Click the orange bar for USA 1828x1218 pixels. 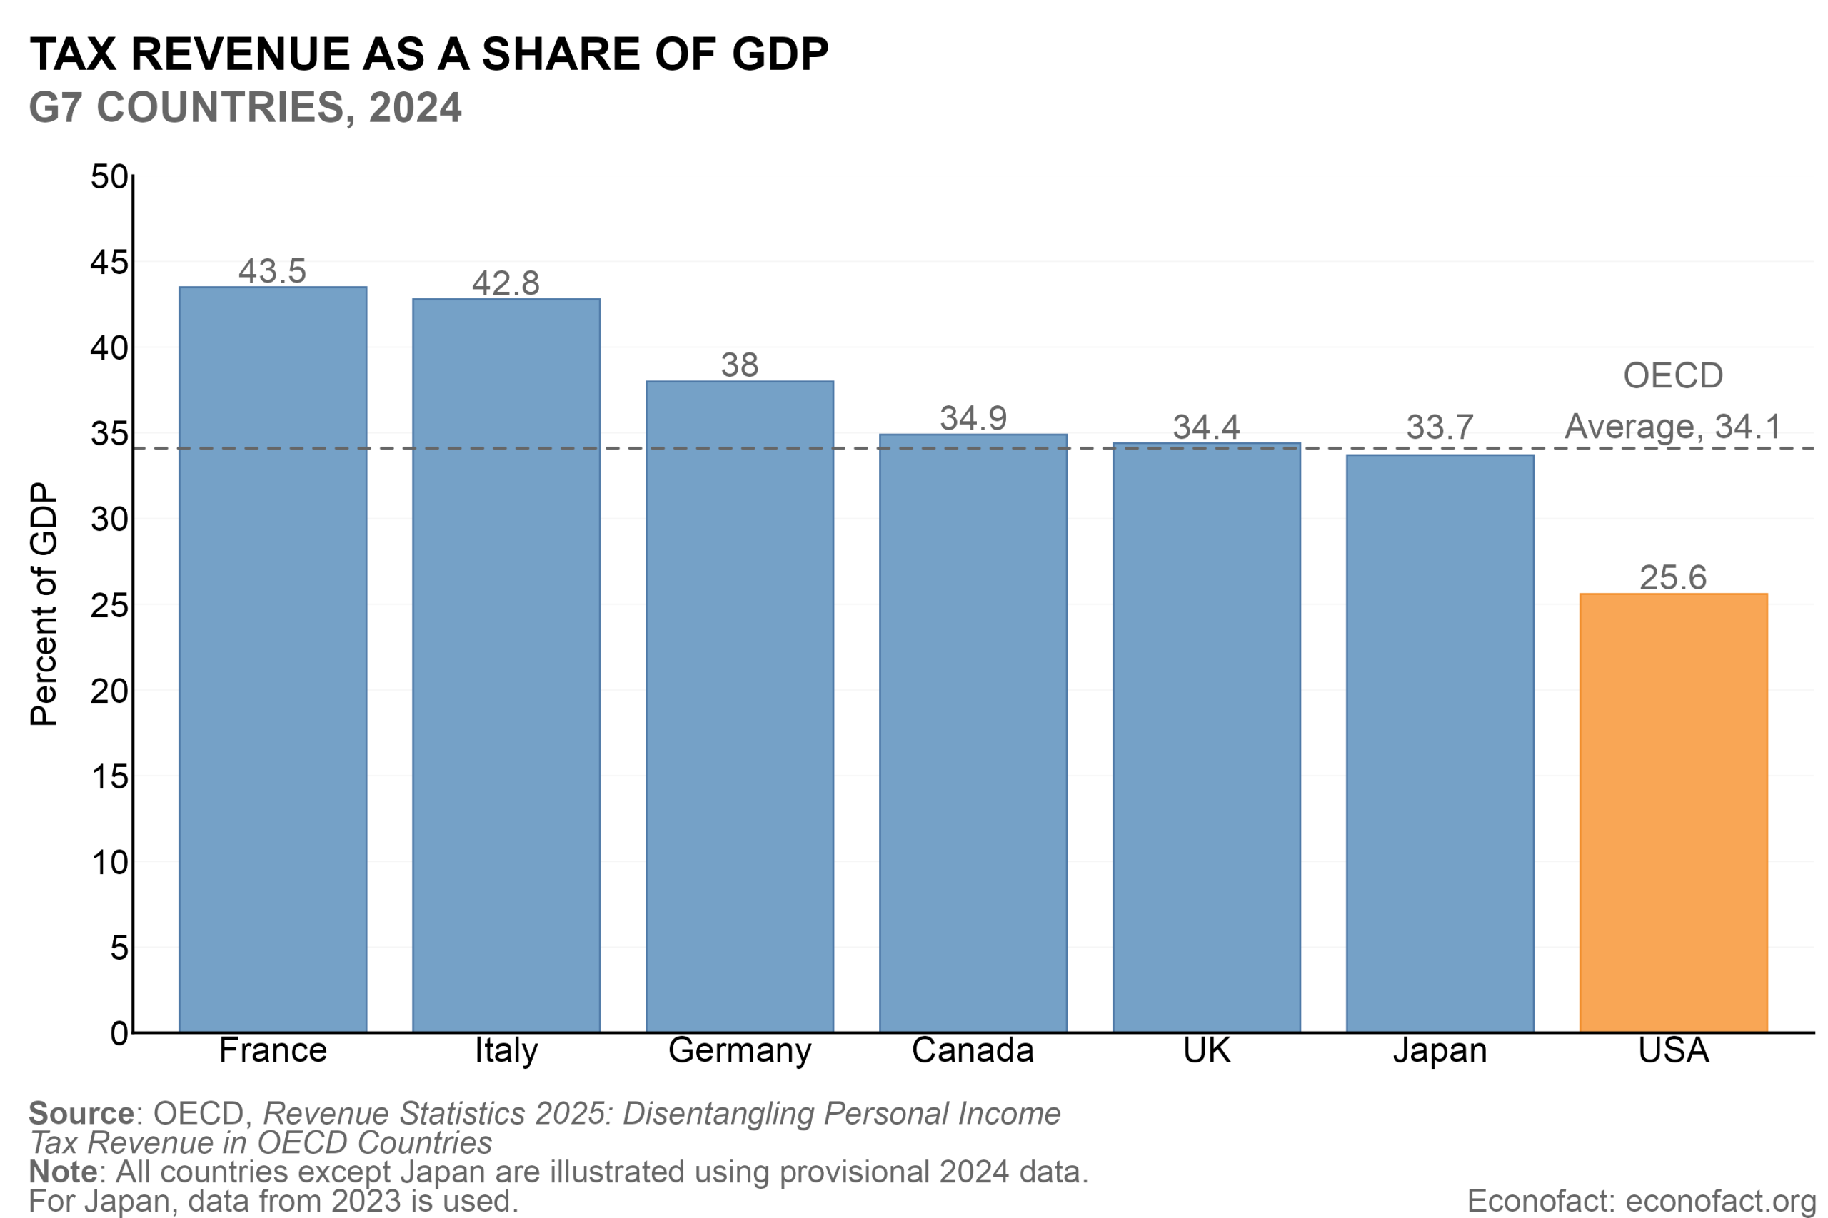1673,813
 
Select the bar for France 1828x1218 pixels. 273,659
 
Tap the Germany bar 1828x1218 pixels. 739,706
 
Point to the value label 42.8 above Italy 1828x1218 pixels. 506,283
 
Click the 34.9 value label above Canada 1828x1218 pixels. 973,419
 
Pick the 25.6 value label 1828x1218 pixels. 1673,578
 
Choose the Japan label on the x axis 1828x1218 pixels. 1440,1050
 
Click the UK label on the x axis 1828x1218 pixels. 1206,1050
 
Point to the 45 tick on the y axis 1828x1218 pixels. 109,263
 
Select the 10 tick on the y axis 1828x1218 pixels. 109,862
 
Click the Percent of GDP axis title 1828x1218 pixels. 44,604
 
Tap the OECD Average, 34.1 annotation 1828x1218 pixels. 1672,402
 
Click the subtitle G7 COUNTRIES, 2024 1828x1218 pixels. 245,107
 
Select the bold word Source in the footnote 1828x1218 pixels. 81,1113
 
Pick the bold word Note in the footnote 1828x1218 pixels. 63,1172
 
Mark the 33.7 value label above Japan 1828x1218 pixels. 1440,427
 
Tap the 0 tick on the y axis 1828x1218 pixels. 119,1033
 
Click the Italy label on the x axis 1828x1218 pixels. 506,1050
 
